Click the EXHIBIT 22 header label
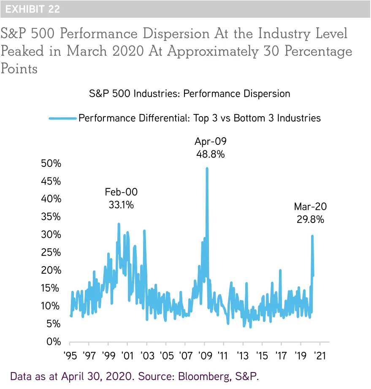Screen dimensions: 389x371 coord(32,9)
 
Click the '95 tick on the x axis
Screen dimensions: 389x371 coord(70,354)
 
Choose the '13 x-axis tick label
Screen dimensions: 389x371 coord(243,354)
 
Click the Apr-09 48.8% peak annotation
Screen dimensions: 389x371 coord(210,147)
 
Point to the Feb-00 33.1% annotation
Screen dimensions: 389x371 coord(121,199)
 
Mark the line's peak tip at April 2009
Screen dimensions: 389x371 coord(207,168)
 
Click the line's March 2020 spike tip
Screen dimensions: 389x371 coord(312,236)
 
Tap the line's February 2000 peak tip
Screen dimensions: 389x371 coord(119,223)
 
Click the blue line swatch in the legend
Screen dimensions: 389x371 coord(62,118)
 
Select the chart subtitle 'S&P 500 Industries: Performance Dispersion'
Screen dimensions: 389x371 coord(190,93)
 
